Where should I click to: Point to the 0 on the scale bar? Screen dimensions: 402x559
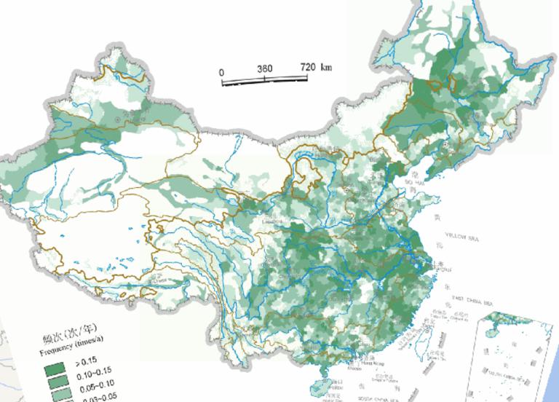(x=222, y=72)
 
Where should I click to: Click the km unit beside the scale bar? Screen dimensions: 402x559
(x=325, y=67)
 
